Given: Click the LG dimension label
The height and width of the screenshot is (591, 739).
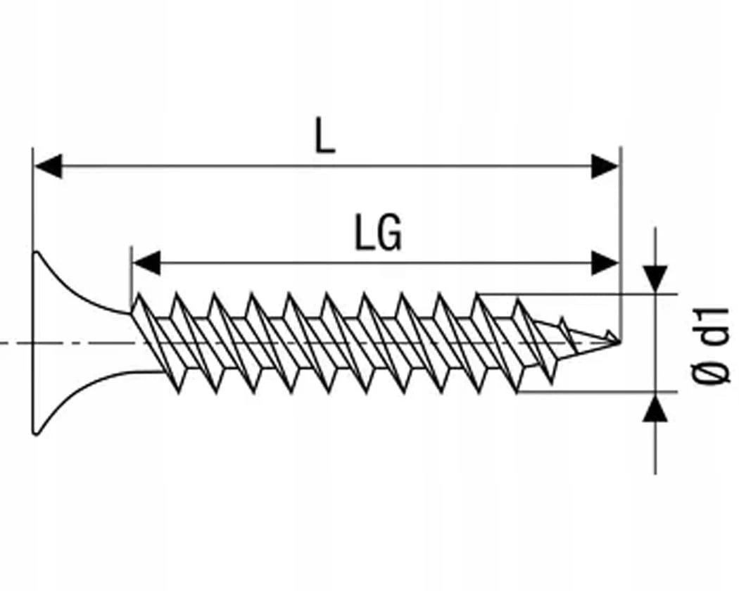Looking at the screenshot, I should tap(379, 234).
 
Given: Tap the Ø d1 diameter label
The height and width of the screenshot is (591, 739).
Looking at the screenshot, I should tap(711, 345).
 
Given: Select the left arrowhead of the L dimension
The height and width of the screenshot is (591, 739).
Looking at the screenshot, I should tap(48, 167).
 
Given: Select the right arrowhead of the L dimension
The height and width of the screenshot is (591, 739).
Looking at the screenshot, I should tap(605, 167).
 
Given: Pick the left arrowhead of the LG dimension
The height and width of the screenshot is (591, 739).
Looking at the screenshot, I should tap(146, 263).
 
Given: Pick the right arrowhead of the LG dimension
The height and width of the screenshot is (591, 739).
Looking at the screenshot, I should tap(605, 263).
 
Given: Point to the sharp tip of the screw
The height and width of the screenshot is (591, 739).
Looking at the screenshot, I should tap(619, 343).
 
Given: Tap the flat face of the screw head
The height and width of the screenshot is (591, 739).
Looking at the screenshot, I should tap(34, 343).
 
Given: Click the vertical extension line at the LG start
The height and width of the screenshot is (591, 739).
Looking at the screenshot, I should tap(131, 274).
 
